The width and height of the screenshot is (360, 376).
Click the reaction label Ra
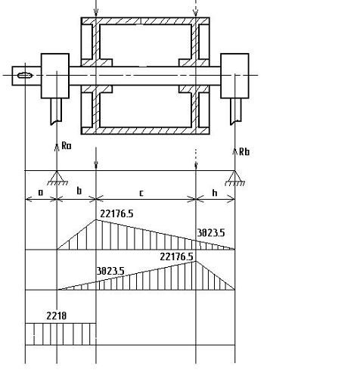coord(67,146)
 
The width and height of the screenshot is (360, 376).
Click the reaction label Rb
coord(244,152)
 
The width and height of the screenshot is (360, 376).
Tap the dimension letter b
coord(79,191)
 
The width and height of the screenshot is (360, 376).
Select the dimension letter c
coord(141,193)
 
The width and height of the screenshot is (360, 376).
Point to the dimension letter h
coord(215,193)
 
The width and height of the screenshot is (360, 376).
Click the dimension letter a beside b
coord(41,193)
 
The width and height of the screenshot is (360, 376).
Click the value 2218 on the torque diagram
coord(57,315)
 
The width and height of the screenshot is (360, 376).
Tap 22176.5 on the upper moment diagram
coord(116,214)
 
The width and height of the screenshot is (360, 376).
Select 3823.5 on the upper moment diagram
coord(211,233)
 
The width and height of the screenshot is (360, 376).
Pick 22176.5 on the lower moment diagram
coord(176,256)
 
